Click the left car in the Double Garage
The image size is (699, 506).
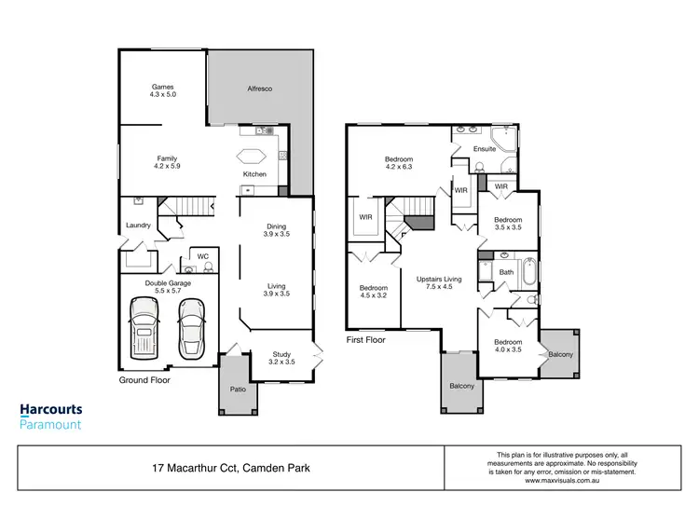click(144, 327)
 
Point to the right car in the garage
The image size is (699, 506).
click(192, 328)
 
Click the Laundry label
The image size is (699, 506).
click(138, 226)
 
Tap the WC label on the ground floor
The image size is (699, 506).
click(201, 255)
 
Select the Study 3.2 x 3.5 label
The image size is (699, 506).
click(282, 358)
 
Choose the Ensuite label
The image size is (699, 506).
click(485, 148)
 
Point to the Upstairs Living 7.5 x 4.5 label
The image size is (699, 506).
click(439, 283)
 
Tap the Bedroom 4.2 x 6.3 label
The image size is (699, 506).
click(399, 163)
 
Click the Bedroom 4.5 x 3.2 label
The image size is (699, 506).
click(373, 292)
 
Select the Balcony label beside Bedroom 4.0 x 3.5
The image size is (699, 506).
click(560, 355)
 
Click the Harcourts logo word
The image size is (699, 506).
click(51, 409)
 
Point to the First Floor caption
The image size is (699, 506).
click(365, 340)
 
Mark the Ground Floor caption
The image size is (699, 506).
click(144, 380)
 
